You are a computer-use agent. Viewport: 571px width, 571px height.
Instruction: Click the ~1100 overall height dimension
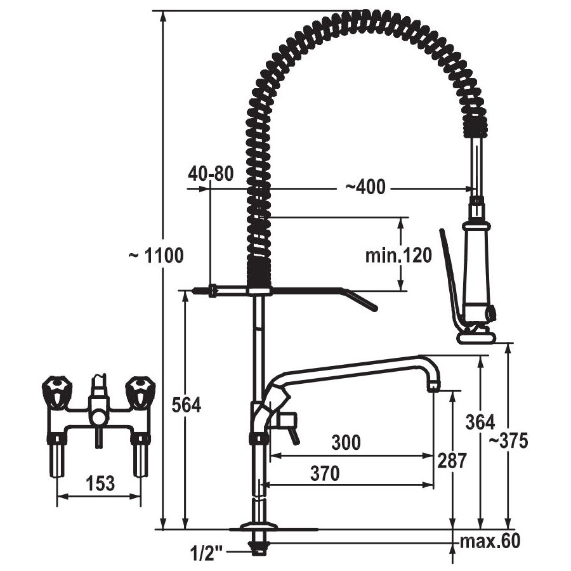tap(156, 256)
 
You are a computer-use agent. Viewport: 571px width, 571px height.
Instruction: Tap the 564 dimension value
tap(186, 405)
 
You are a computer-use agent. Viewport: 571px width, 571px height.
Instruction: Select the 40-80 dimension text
tap(211, 174)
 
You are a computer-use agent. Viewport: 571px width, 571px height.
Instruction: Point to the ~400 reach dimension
tap(365, 187)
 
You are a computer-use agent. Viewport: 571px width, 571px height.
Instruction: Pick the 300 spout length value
tap(346, 442)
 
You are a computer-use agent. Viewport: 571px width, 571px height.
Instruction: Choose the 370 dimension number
tap(325, 473)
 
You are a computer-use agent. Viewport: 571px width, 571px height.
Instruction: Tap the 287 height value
tap(452, 461)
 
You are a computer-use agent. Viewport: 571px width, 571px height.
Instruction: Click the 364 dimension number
tap(480, 423)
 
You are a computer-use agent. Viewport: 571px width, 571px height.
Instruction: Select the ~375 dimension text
tap(508, 441)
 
